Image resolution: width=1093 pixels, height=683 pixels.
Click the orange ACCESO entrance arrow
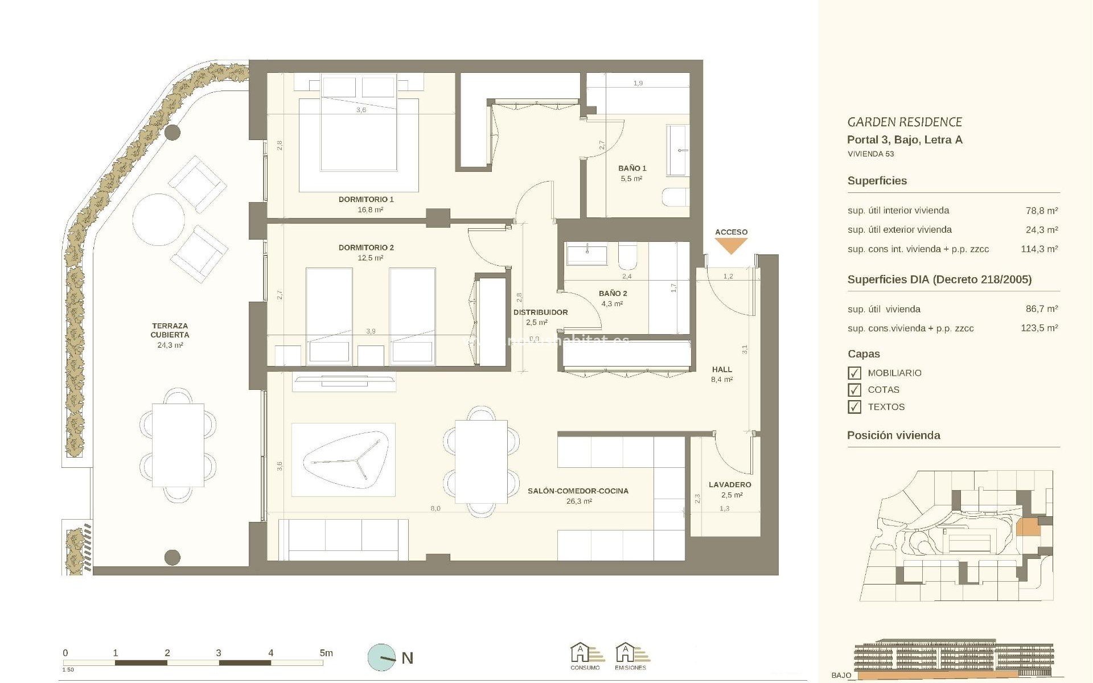click(x=731, y=246)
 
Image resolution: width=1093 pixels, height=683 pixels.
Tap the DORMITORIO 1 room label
click(x=366, y=199)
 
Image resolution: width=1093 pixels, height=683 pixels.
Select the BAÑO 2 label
click(x=613, y=294)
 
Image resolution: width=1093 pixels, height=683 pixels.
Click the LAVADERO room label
click(x=730, y=485)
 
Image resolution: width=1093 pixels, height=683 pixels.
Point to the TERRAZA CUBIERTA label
click(x=170, y=331)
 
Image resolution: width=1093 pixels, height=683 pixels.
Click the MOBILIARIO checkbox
click(x=854, y=373)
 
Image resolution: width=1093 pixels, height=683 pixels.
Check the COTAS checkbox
click(x=854, y=390)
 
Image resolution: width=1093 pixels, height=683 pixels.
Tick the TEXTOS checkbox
click(x=854, y=407)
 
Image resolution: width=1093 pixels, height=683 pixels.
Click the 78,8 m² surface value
click(x=1041, y=211)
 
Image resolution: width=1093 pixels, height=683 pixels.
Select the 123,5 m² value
click(x=1039, y=328)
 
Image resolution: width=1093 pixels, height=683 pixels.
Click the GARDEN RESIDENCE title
click(x=905, y=122)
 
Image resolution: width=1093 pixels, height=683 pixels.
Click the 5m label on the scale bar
click(x=326, y=653)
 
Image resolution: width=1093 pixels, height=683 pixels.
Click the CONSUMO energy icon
click(x=586, y=656)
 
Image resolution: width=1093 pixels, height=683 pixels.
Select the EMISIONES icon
click(x=631, y=656)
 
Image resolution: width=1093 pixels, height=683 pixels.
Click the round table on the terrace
click(x=159, y=220)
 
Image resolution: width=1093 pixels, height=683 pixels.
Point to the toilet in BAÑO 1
click(x=676, y=198)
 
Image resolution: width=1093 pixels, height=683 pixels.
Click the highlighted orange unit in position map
click(x=1028, y=526)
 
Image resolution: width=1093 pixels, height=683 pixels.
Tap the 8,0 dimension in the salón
click(x=435, y=508)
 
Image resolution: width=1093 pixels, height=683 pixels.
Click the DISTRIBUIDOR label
click(x=540, y=312)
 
